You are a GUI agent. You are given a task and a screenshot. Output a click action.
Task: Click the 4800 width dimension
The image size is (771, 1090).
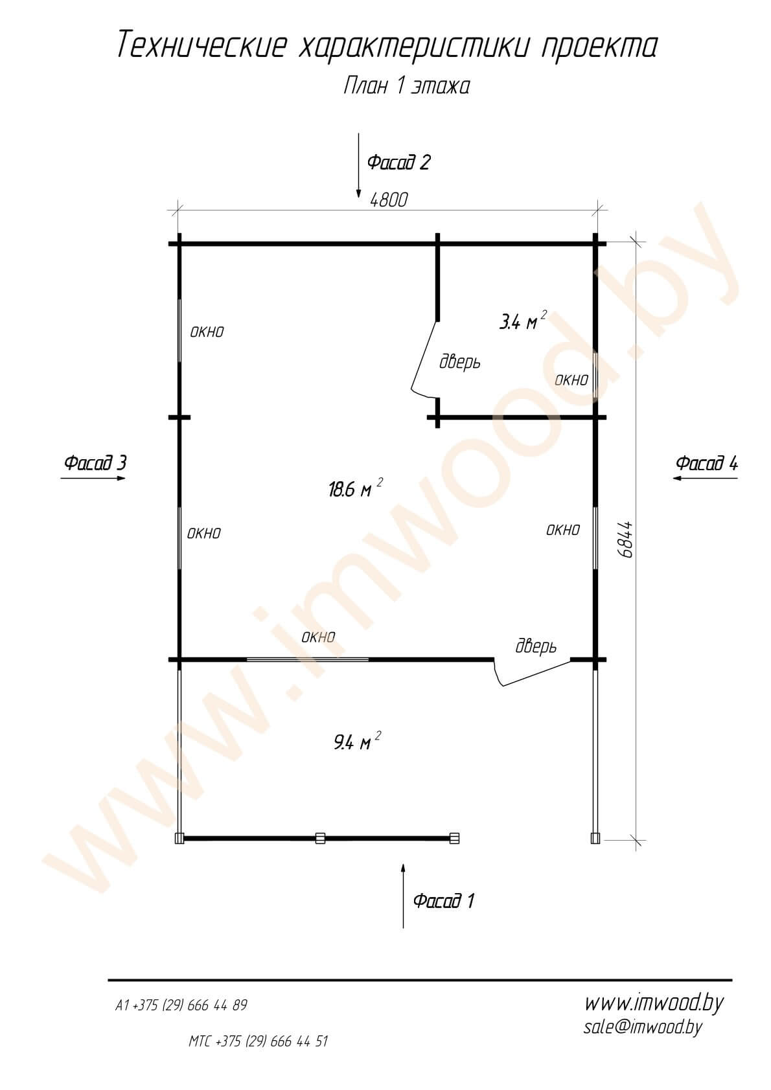[389, 200]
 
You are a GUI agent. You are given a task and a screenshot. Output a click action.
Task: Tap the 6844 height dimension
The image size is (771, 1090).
[625, 539]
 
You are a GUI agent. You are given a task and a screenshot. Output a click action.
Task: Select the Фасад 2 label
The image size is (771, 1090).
[398, 162]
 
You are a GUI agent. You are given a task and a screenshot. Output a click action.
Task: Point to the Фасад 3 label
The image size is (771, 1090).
[95, 462]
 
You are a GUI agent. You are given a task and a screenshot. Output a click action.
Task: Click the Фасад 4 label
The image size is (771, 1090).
[707, 463]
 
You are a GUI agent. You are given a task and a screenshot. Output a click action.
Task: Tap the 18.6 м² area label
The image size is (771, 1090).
[356, 488]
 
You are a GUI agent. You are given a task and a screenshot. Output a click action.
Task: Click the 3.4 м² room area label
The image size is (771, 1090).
[523, 321]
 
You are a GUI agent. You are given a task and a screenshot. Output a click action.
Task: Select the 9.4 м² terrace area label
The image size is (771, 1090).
[357, 742]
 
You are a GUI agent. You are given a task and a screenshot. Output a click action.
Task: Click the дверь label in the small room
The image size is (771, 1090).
[460, 362]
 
